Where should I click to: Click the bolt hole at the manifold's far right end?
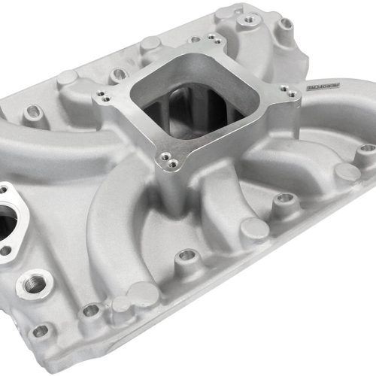tap(366, 149)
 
